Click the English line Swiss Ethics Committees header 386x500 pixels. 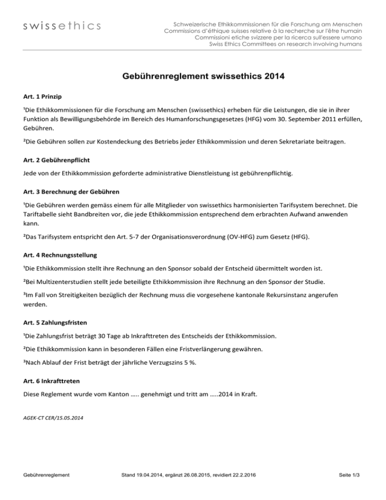(x=285, y=44)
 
